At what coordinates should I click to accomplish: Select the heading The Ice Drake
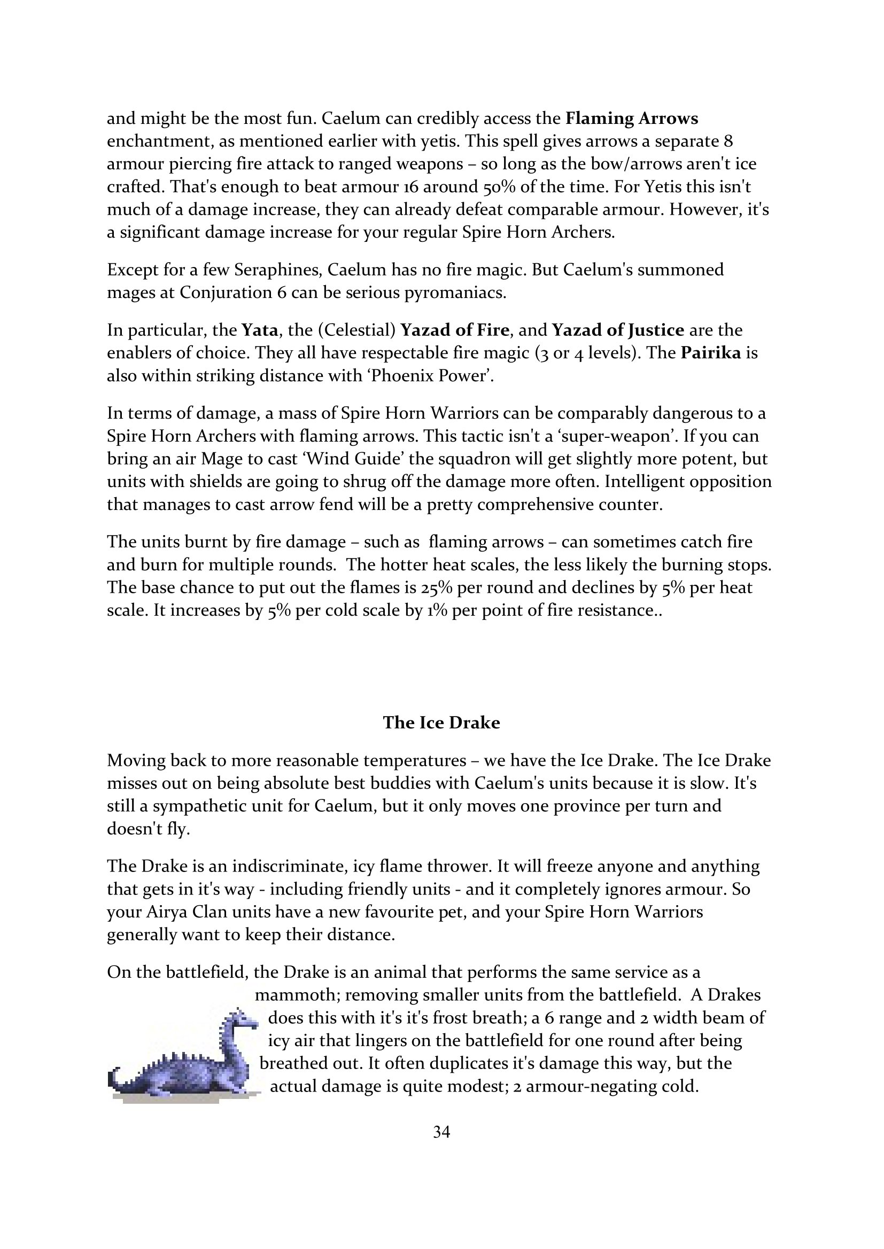pos(441,722)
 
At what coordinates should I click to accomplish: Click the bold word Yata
pos(260,330)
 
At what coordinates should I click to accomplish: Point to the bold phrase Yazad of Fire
pos(454,330)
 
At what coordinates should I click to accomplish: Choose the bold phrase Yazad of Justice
pos(618,330)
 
